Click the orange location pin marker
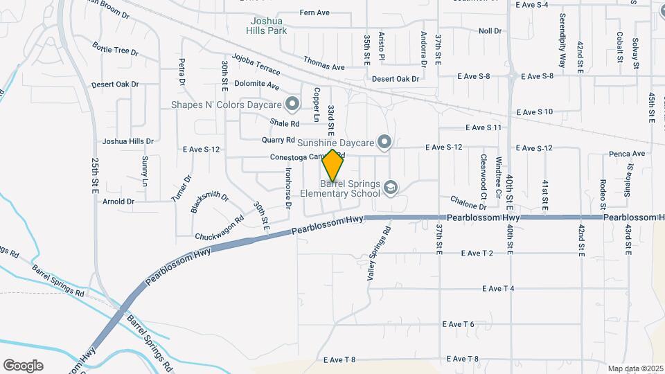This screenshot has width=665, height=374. [x=332, y=165]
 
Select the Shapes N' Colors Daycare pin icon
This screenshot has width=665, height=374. [x=292, y=105]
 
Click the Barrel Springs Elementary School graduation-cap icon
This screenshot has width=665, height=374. [x=391, y=188]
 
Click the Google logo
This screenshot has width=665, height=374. [x=23, y=365]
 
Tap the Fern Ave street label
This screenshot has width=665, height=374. [x=314, y=12]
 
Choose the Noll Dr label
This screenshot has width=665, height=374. [x=489, y=31]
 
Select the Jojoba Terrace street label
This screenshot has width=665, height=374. [x=256, y=64]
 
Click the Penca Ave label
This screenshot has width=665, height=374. [x=627, y=154]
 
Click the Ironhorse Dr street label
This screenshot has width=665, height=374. [x=287, y=186]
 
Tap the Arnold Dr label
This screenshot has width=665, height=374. [x=118, y=202]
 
